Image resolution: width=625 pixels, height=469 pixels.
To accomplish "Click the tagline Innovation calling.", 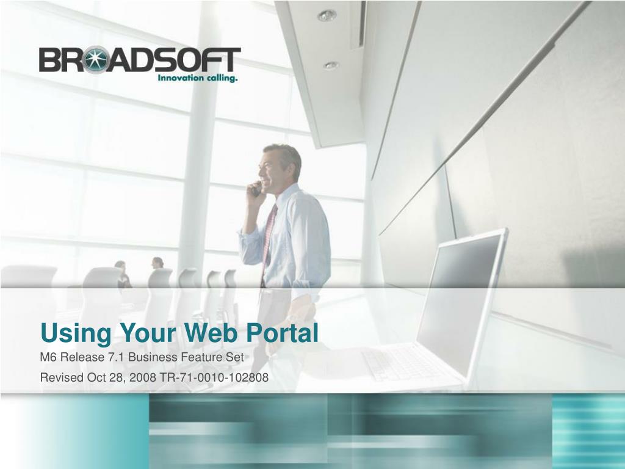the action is (x=198, y=78).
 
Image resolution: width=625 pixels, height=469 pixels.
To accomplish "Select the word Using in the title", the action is (x=76, y=333).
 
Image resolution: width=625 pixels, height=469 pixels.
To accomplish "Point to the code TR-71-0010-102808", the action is (x=214, y=377).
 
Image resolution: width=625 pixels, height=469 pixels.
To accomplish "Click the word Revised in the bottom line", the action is (x=62, y=377).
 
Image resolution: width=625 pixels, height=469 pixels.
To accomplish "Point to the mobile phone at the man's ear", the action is (x=256, y=189).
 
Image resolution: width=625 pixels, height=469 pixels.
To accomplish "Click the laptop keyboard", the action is (x=403, y=362).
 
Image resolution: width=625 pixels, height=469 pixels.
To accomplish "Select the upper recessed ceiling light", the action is (x=327, y=15).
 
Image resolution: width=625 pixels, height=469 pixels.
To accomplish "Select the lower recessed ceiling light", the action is (x=331, y=65).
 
